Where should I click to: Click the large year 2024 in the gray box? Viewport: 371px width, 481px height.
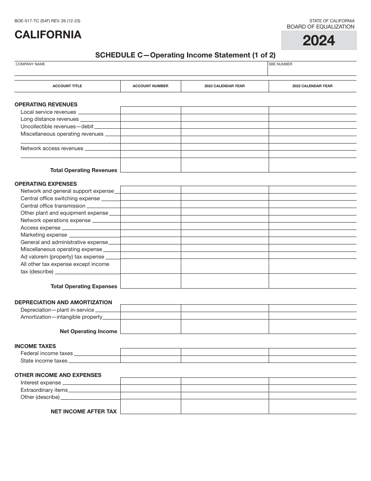click(x=319, y=40)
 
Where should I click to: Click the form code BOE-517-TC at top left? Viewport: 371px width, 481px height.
click(x=47, y=21)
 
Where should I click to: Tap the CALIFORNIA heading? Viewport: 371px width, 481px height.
click(x=48, y=35)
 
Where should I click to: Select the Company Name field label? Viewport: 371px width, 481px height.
click(x=30, y=64)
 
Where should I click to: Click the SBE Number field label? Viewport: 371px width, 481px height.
click(x=280, y=64)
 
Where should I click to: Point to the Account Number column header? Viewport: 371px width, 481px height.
click(x=150, y=86)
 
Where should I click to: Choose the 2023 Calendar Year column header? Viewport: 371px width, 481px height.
click(x=225, y=86)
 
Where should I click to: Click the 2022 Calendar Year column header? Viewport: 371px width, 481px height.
click(x=312, y=86)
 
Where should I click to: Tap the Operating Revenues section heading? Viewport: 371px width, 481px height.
click(x=46, y=104)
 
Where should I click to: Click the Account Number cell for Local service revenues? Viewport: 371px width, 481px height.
click(x=150, y=110)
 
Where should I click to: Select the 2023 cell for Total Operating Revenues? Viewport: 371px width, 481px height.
click(x=225, y=165)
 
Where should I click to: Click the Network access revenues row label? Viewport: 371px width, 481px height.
click(x=52, y=149)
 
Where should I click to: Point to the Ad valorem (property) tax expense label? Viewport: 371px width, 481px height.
click(x=62, y=257)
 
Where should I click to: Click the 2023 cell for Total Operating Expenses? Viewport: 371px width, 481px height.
click(x=225, y=281)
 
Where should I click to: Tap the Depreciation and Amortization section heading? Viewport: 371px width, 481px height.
click(x=63, y=302)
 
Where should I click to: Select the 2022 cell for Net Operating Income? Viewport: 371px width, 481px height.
click(x=312, y=327)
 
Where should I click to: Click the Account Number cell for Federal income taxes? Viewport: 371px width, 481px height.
click(x=150, y=352)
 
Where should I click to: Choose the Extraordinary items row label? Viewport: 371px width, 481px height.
click(x=44, y=390)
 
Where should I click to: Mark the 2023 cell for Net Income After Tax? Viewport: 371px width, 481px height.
click(x=225, y=407)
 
